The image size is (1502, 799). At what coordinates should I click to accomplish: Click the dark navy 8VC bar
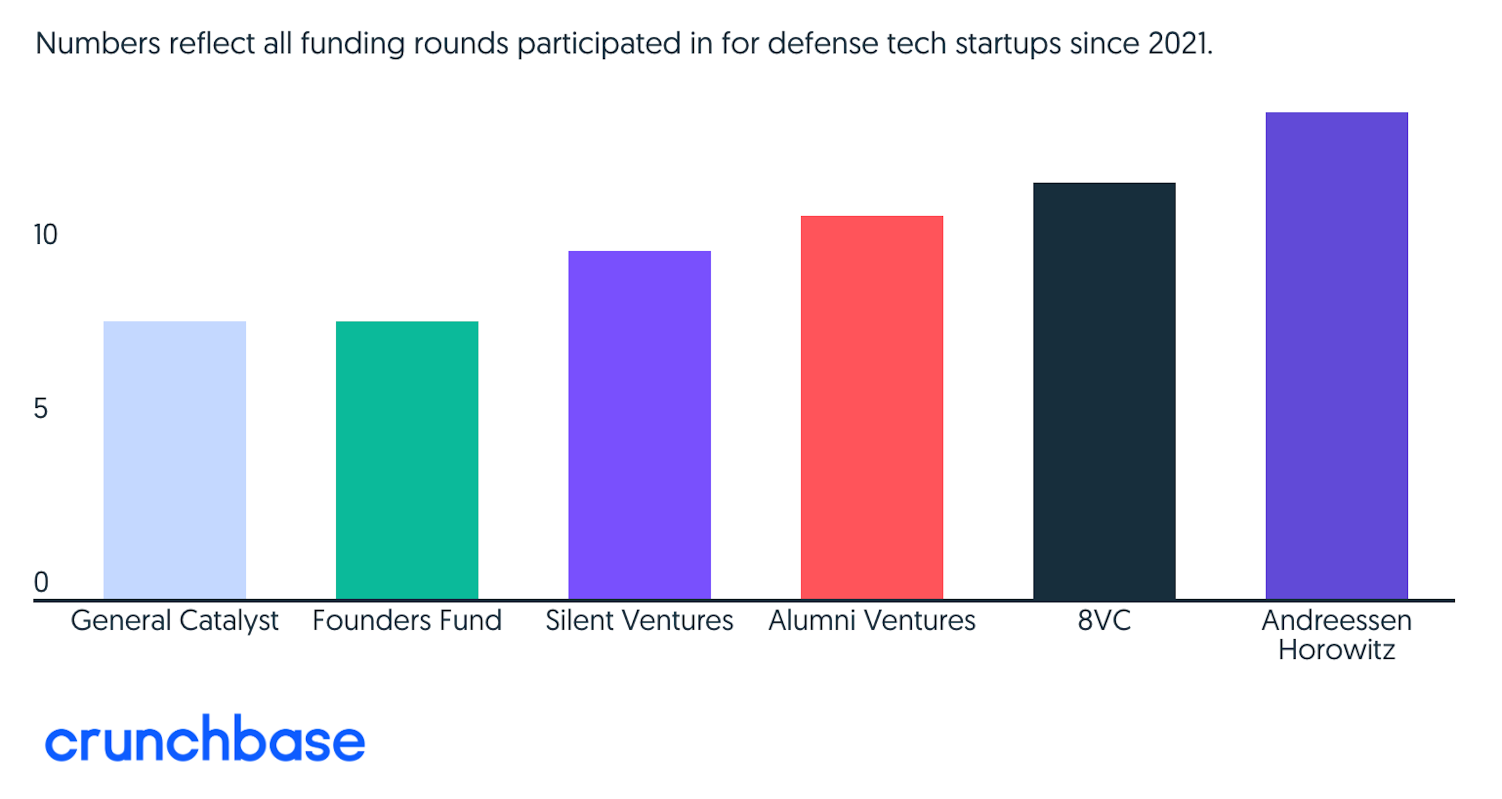click(1104, 391)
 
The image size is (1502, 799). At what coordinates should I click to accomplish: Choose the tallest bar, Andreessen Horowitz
click(1337, 356)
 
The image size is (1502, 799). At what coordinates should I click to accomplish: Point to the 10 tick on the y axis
click(45, 235)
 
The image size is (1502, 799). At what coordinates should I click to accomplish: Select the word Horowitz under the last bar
click(1337, 650)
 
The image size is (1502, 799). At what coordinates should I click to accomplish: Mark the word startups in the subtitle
click(1008, 44)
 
